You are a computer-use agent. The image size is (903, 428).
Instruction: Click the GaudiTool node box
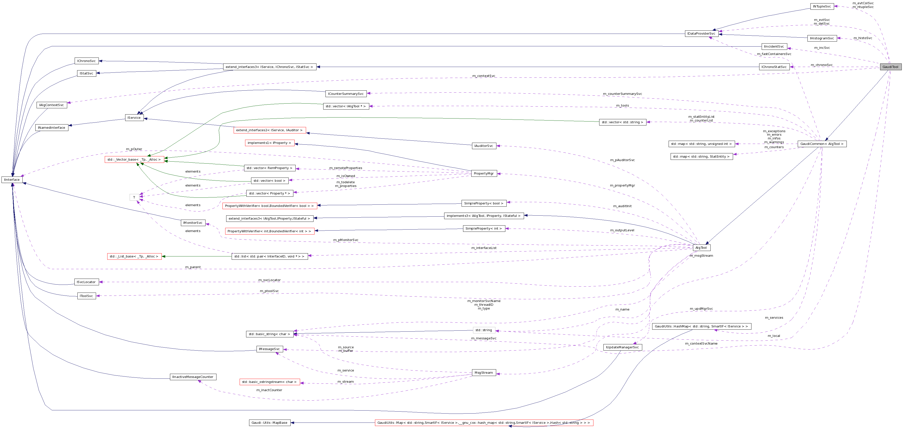[890, 67]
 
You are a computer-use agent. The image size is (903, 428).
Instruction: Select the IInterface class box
[12, 180]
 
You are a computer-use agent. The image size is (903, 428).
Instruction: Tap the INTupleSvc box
[822, 6]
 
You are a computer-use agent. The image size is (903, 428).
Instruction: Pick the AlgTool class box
[701, 248]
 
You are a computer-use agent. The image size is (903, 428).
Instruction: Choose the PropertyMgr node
[484, 173]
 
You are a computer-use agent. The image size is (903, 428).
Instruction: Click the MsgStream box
[484, 372]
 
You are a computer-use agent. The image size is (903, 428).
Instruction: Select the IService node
[134, 118]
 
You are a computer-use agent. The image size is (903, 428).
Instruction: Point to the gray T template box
[134, 197]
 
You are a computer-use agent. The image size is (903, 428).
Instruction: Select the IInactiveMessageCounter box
[193, 377]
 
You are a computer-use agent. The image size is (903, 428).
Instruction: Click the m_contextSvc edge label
[484, 76]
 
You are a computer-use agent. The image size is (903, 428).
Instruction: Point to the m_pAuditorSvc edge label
[622, 160]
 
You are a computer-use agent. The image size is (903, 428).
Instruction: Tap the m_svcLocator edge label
[269, 280]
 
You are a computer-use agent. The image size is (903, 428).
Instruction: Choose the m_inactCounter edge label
[269, 390]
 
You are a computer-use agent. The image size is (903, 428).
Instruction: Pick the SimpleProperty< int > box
[484, 228]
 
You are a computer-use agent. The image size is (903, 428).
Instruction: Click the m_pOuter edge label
[134, 149]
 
